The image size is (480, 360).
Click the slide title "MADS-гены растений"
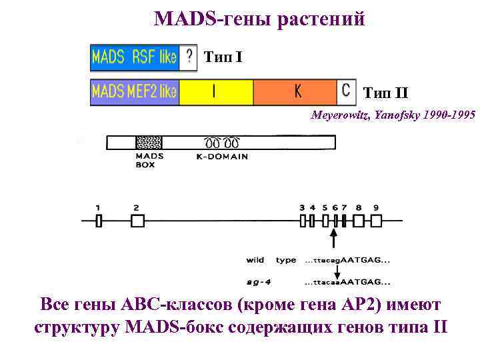(x=259, y=19)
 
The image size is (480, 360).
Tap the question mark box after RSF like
(x=189, y=57)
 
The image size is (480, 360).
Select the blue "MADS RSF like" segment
(x=134, y=57)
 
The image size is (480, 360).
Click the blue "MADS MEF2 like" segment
(x=134, y=92)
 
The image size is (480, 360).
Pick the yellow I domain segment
(x=215, y=92)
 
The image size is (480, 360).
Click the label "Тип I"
(x=223, y=57)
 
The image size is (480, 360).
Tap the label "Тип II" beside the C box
(x=385, y=93)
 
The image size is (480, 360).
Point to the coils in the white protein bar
(x=221, y=143)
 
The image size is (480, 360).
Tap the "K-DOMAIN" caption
(x=222, y=157)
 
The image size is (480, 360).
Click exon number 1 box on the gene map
(x=98, y=221)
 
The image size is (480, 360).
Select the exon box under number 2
(x=137, y=221)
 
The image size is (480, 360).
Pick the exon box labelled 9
(x=376, y=221)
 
